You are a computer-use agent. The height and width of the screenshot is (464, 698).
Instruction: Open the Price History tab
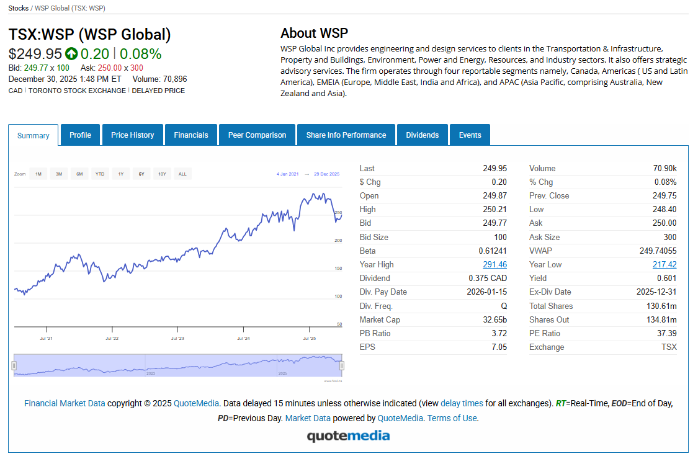pos(132,135)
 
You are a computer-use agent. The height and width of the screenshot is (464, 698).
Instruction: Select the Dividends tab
pos(422,135)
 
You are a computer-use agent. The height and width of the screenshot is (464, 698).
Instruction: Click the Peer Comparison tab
pos(257,135)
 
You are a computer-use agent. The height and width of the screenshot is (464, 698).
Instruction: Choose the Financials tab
pos(191,135)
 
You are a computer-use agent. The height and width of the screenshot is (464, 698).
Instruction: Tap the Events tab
pos(470,135)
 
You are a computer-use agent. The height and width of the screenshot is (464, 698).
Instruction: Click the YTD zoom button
pos(100,174)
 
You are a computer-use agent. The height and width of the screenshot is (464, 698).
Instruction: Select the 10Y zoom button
pos(162,174)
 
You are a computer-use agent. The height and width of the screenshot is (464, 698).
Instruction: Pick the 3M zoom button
pos(59,174)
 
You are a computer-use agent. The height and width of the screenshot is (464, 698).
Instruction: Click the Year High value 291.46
pos(494,265)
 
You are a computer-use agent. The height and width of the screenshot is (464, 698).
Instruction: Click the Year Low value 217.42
pos(664,265)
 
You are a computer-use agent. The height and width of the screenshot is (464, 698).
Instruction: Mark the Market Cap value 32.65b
pos(495,320)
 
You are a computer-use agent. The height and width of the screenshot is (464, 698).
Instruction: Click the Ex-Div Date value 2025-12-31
pos(656,292)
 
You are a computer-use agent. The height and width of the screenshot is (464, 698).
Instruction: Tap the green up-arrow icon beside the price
pos(71,54)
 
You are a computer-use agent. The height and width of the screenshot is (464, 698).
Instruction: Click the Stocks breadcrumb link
pos(18,9)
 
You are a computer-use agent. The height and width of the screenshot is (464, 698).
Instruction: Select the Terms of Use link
pos(452,419)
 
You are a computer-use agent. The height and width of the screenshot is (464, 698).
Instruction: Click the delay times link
pos(462,404)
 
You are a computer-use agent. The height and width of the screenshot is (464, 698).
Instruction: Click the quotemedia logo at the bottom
pos(348,436)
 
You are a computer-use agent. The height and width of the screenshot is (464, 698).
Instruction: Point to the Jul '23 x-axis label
pos(177,339)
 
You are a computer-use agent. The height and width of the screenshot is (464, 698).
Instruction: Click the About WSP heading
pos(314,33)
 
